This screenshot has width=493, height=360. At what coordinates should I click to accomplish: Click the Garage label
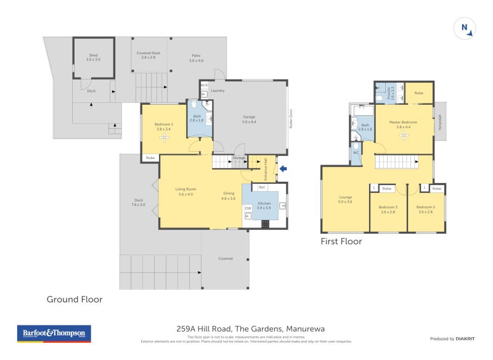pos(248,119)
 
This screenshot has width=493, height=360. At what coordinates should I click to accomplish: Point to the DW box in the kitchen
pos(248,208)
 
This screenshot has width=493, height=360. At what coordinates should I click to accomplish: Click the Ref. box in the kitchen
pos(262,187)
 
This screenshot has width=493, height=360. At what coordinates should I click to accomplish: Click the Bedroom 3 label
pos(388,208)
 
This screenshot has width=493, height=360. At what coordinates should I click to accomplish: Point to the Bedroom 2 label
pos(426,208)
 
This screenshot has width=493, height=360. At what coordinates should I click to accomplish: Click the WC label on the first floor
pos(356,152)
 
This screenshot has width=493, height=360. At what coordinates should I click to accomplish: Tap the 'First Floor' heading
pos(341,242)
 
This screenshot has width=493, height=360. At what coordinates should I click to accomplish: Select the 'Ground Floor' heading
pos(75,299)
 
